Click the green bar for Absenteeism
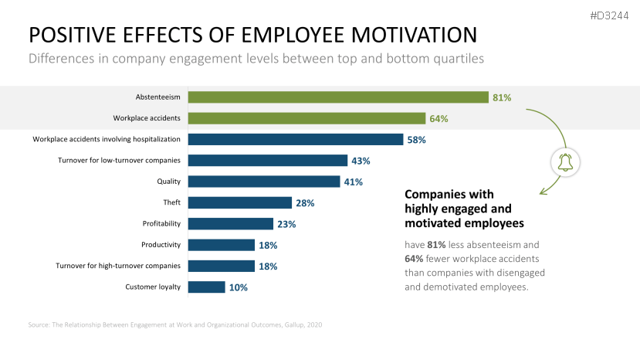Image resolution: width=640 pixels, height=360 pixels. [338, 97]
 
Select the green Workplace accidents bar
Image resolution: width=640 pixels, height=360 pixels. [306, 118]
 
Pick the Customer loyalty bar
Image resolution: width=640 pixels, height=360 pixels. [207, 287]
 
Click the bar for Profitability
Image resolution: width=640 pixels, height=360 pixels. [231, 223]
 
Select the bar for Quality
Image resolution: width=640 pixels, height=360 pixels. [264, 182]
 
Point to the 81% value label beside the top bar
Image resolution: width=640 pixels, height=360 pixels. [503, 97]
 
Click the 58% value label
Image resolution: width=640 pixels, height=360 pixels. [417, 140]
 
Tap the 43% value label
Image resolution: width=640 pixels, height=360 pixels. [361, 161]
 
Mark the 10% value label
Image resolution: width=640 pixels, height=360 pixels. [239, 287]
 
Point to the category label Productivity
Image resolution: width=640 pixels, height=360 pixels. [161, 245]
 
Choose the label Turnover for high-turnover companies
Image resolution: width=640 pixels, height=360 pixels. [118, 266]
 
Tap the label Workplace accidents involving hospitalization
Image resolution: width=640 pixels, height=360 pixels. [107, 140]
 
